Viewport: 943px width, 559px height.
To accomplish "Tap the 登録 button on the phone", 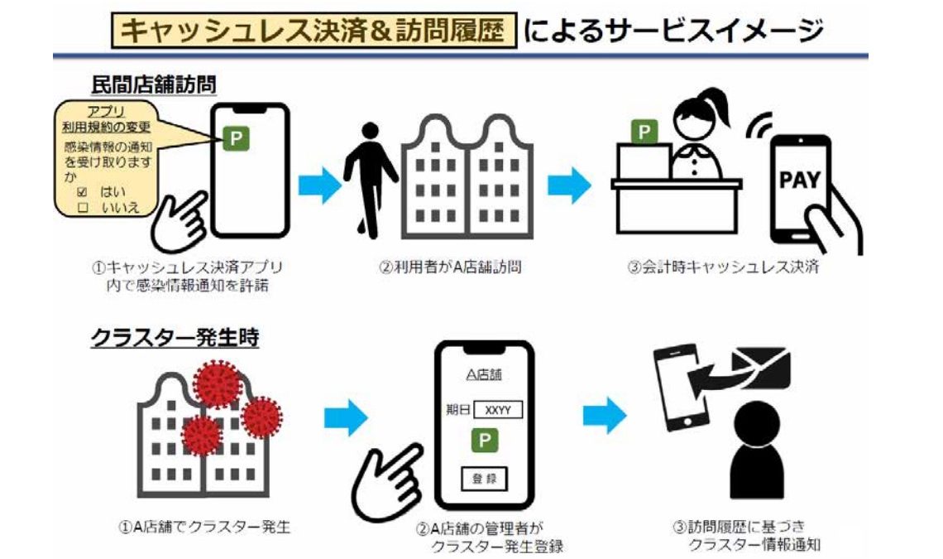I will [x=484, y=478].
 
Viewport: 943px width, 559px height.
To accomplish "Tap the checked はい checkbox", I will [x=82, y=190].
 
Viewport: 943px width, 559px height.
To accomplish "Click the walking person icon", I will [x=370, y=166].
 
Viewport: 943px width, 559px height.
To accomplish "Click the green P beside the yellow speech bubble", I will [x=237, y=139].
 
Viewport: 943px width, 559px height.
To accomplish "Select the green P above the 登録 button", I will [x=484, y=440].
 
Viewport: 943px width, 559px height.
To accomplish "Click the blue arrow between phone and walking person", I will [x=318, y=184].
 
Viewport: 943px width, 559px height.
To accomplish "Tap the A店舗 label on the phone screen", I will [x=484, y=375].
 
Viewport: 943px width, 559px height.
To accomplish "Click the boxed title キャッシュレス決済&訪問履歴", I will [x=314, y=31].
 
